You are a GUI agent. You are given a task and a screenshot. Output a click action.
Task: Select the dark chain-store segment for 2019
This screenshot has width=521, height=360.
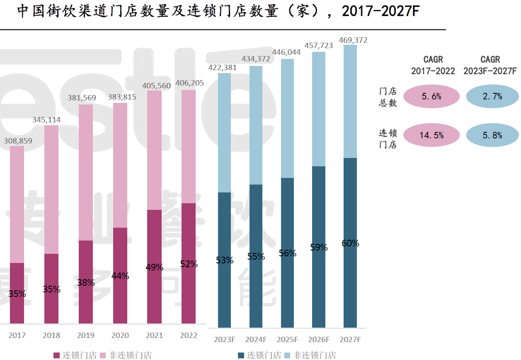[86, 282]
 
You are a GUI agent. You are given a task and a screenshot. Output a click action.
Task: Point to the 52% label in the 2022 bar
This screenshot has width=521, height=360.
[189, 264]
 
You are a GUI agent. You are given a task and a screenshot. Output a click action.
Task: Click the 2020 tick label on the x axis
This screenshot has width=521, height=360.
[120, 336]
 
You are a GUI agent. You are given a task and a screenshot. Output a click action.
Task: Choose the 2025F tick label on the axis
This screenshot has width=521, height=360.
[287, 340]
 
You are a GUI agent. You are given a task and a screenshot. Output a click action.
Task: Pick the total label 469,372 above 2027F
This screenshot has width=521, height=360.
[353, 40]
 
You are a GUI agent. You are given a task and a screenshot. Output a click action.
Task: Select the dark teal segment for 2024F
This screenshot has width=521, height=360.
[256, 256]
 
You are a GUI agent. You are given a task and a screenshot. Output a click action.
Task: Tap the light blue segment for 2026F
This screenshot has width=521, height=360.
[319, 109]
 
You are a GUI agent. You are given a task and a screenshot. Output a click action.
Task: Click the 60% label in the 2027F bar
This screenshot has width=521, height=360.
[350, 243]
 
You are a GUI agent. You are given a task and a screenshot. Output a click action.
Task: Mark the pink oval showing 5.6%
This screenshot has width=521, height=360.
[431, 97]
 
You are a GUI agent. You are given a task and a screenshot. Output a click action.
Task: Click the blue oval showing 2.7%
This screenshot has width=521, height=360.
[492, 97]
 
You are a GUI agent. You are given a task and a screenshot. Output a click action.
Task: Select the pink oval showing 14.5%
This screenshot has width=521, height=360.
[431, 135]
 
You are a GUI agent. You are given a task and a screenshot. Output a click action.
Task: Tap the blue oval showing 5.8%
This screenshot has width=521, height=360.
[492, 135]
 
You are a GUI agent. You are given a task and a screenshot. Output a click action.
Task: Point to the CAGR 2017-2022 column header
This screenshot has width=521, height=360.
[433, 66]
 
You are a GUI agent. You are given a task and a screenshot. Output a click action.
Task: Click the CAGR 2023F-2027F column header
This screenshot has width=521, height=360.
[490, 66]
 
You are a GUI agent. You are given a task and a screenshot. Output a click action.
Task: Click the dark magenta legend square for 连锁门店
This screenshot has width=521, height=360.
[57, 355]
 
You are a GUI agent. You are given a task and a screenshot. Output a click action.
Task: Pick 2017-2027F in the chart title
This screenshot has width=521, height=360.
[380, 12]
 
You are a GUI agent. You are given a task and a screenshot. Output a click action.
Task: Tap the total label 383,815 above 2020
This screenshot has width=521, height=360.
[120, 98]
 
